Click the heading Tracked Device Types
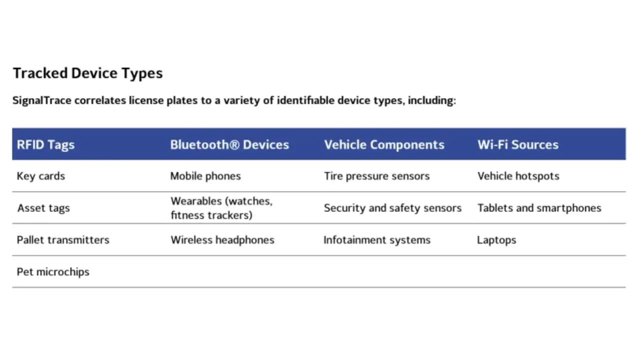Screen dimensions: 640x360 click(87, 73)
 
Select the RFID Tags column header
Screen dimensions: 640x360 click(45, 145)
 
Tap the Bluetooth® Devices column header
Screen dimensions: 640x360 click(229, 144)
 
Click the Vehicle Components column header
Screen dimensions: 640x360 click(384, 144)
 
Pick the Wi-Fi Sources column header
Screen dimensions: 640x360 click(518, 144)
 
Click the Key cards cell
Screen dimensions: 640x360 click(41, 176)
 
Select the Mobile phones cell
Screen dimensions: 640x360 click(205, 176)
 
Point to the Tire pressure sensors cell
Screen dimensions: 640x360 click(377, 176)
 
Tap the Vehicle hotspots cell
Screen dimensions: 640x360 click(518, 176)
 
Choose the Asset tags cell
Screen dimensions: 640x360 click(43, 208)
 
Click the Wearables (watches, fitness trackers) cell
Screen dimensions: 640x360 click(221, 208)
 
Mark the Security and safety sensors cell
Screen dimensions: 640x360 click(393, 208)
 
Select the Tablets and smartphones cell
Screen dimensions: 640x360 click(539, 208)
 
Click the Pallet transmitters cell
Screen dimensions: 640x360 click(63, 240)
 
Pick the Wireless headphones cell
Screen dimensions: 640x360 click(222, 240)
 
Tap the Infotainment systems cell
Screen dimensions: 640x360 click(377, 240)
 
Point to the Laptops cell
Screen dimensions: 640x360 click(497, 240)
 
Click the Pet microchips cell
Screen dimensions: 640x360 click(53, 272)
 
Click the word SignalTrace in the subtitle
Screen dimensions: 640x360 click(42, 100)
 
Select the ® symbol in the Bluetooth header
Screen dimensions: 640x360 click(234, 144)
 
